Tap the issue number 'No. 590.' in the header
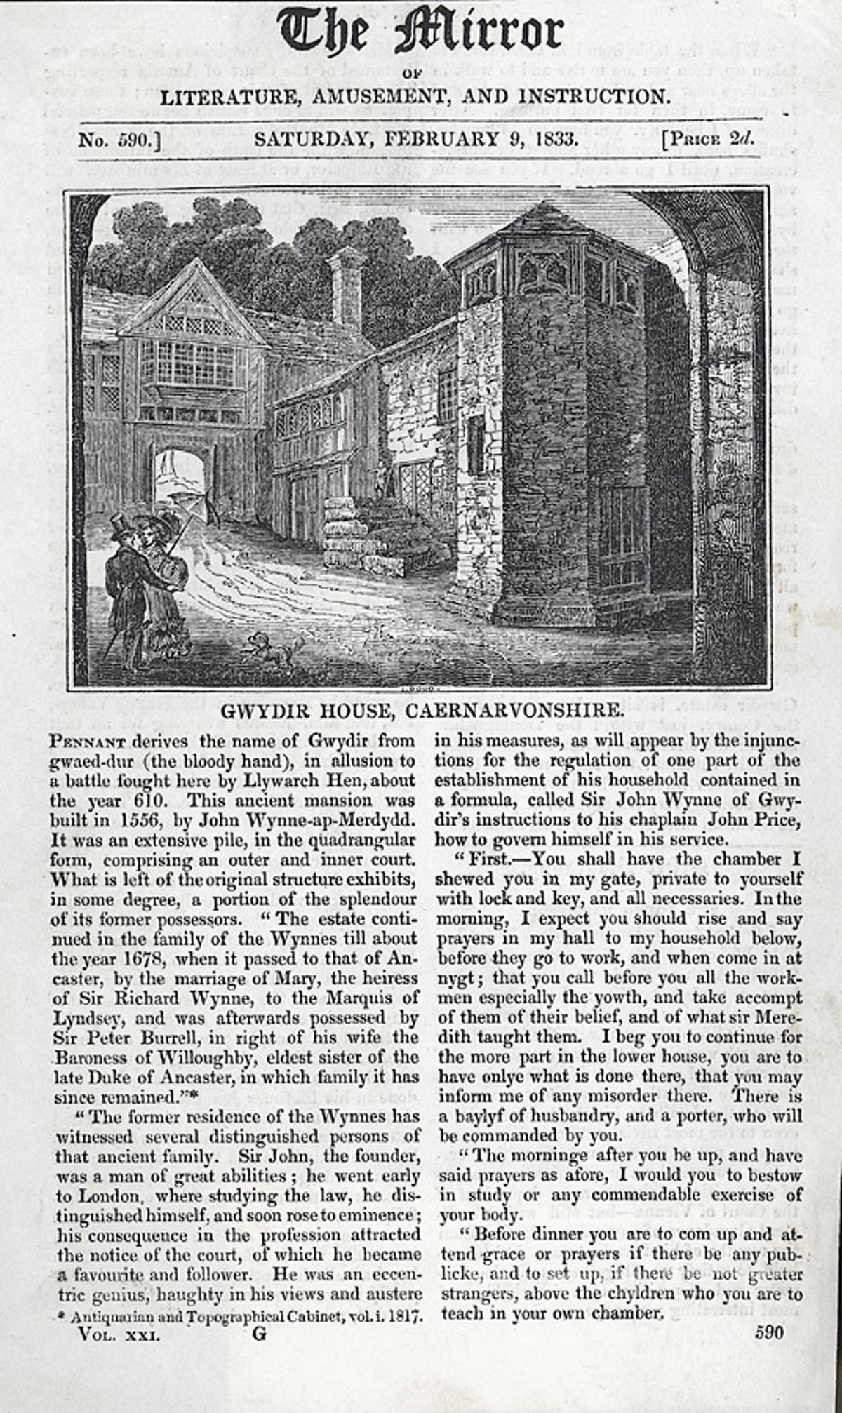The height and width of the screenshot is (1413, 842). pos(119,139)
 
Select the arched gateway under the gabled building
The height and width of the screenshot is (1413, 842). pos(181,477)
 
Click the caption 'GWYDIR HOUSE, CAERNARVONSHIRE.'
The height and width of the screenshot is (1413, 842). pos(421,710)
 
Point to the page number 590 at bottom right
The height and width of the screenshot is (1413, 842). pos(769,1333)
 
